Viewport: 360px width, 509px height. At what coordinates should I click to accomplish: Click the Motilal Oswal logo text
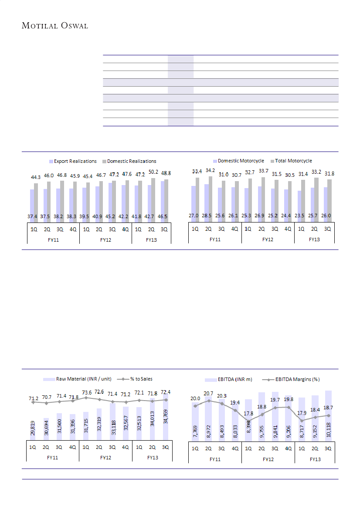(55, 26)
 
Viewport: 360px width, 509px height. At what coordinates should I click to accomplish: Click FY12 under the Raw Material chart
(105, 458)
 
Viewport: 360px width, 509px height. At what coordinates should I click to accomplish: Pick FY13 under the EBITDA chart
(316, 459)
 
